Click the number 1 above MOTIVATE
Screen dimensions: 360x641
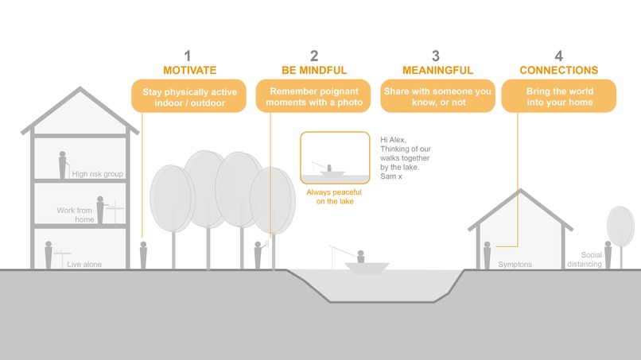188,56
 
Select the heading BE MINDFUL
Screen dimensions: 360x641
313,71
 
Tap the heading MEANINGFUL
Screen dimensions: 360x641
435,71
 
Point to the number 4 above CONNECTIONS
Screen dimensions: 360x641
558,56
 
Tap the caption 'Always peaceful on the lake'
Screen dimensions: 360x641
334,197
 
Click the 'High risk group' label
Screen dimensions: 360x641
97,173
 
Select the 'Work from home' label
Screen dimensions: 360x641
76,215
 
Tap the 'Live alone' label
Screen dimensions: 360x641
84,264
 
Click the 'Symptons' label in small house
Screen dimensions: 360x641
514,264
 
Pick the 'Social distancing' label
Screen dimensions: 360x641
590,259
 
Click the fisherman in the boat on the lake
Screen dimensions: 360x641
359,257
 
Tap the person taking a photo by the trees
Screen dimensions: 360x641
258,254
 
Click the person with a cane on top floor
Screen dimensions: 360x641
62,165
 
